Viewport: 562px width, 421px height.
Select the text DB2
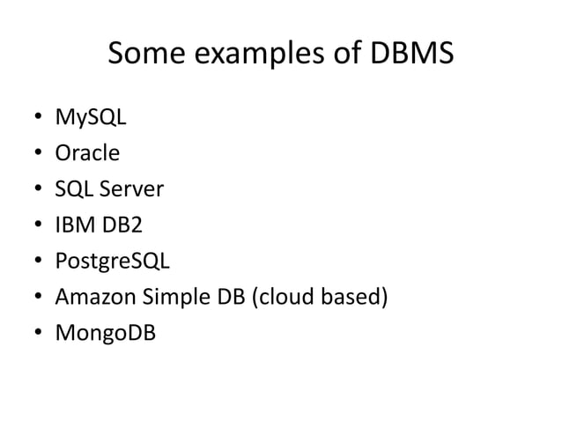click(122, 225)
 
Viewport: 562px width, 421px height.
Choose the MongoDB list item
click(103, 334)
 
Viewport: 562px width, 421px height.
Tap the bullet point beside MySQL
click(36, 118)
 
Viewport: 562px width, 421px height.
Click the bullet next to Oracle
click(36, 154)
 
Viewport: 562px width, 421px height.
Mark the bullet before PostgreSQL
click(36, 262)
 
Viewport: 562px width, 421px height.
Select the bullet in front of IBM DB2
click(36, 226)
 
